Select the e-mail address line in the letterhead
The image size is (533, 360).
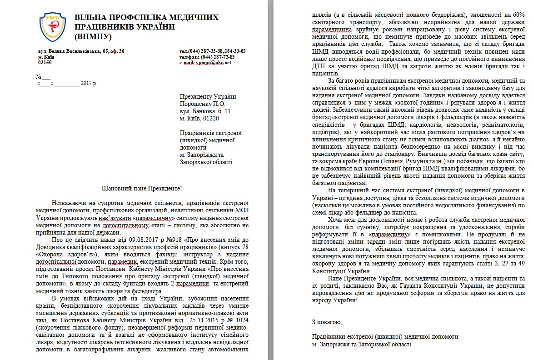tap(205, 62)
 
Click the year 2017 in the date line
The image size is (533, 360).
tap(85, 83)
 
